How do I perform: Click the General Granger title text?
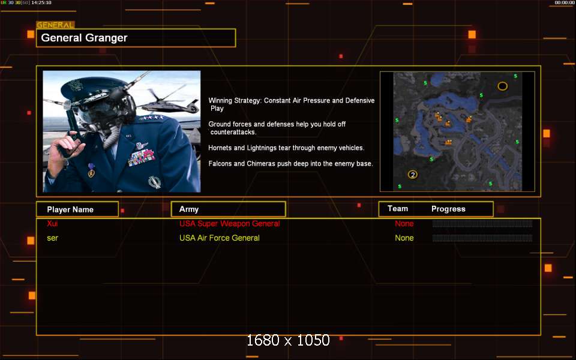84,38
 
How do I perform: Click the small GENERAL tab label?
55,25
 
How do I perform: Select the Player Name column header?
70,209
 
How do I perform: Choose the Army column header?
189,209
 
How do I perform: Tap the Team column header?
397,209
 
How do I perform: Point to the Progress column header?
448,209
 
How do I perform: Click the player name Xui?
52,223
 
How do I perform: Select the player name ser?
53,238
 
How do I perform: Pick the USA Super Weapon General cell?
230,223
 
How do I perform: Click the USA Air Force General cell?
220,238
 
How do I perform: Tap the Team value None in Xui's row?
404,223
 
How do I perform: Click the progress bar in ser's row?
482,238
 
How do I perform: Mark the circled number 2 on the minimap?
413,175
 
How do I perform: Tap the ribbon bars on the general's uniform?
141,158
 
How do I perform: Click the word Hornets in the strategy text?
220,148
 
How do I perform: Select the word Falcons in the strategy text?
220,163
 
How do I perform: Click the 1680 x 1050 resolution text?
288,340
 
